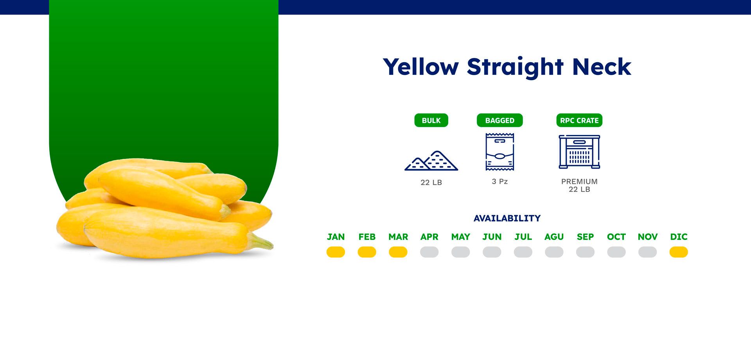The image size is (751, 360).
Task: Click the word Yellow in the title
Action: (421, 67)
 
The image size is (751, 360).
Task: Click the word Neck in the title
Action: (602, 67)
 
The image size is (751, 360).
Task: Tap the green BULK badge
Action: (431, 121)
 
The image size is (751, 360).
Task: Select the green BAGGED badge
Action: (499, 121)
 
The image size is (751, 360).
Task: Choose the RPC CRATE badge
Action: (579, 121)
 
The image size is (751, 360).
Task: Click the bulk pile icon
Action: (431, 161)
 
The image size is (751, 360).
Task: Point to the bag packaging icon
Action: (499, 152)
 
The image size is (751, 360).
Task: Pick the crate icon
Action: (579, 152)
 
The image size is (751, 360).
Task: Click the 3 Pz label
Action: (499, 182)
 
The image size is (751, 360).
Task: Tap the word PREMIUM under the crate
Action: (579, 182)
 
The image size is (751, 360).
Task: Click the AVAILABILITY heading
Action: (507, 218)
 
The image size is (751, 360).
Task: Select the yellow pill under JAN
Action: (336, 252)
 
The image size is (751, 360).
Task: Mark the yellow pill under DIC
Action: (679, 252)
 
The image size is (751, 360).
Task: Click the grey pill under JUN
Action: (492, 252)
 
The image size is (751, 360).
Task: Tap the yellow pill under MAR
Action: (398, 252)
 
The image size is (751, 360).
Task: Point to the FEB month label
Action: (367, 237)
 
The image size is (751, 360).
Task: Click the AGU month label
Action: (554, 237)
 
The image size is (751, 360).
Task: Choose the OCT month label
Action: (616, 237)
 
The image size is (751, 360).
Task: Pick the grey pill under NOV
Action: (648, 252)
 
